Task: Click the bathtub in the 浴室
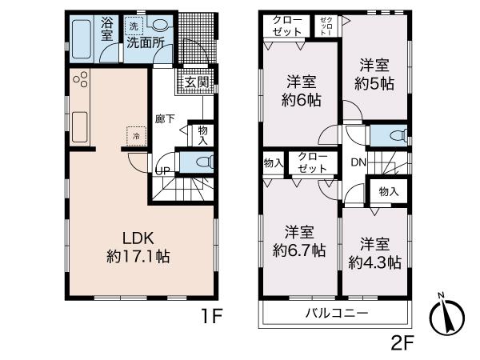click(82, 38)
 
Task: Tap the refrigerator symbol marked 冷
click(135, 137)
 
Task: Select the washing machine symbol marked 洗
click(134, 27)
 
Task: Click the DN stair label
click(358, 161)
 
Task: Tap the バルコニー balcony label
click(334, 312)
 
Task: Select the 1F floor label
click(210, 318)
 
